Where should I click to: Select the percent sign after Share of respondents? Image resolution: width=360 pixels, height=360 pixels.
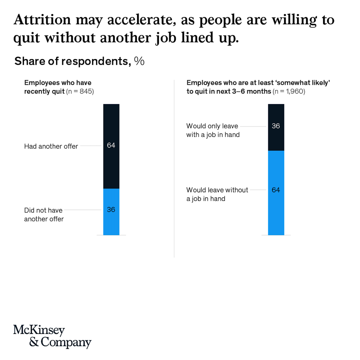(x=139, y=61)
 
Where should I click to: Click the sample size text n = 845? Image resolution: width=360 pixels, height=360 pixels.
(x=80, y=91)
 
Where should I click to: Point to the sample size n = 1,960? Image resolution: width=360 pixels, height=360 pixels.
(x=288, y=91)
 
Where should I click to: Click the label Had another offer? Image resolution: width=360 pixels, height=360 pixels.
(x=51, y=146)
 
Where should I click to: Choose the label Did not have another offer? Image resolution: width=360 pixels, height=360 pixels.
(x=44, y=214)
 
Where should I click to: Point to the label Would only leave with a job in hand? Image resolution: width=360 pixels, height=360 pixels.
(x=213, y=130)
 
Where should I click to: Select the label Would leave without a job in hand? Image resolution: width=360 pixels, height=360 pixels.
(x=217, y=194)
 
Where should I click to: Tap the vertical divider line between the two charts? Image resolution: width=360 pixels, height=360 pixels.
(x=174, y=169)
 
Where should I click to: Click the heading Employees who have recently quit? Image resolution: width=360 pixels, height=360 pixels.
(x=58, y=87)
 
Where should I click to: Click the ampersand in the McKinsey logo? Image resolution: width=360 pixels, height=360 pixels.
(x=34, y=342)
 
